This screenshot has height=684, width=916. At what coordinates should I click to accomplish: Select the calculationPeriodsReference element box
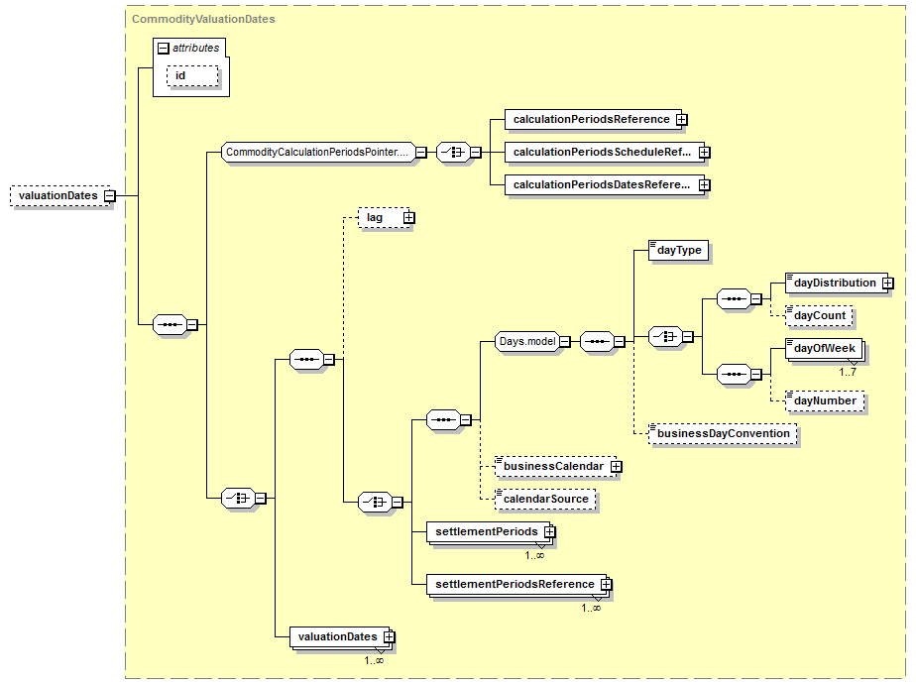pos(591,120)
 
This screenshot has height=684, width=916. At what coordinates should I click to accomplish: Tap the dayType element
pos(678,251)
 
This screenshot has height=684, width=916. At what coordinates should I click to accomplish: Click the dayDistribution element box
pos(833,284)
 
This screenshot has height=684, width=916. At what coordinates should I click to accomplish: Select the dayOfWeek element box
pos(823,349)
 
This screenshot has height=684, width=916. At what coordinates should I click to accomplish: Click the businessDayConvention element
pos(724,433)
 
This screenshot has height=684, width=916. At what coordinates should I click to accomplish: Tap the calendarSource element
pos(546,499)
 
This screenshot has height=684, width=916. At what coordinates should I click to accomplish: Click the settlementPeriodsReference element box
pos(515,585)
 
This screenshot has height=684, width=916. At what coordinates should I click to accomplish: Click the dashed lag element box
pos(376,217)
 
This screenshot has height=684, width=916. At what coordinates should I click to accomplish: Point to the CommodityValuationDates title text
pos(203,19)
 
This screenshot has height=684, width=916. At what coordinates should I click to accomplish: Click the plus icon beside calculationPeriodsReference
pos(681,120)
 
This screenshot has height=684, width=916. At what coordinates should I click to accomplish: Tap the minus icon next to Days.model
pos(564,341)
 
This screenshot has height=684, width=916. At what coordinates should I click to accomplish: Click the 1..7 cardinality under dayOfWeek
pos(848,372)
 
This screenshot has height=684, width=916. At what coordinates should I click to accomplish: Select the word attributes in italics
pos(195,48)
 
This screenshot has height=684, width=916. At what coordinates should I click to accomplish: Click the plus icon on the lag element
pos(407,217)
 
